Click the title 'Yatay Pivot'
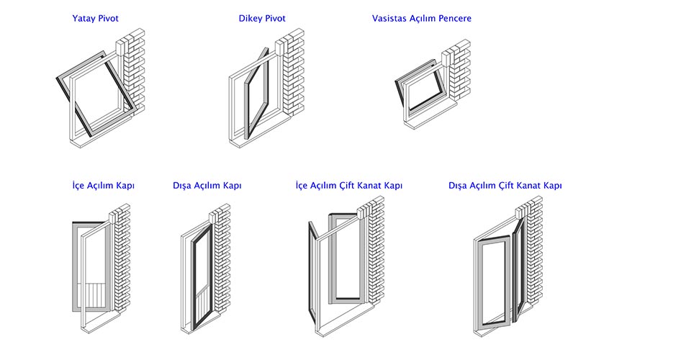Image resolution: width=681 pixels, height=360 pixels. tap(96, 18)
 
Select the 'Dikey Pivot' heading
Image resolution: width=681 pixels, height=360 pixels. tap(262, 18)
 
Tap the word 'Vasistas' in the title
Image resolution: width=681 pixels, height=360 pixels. tap(389, 18)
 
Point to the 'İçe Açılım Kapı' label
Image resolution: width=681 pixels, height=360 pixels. tap(103, 185)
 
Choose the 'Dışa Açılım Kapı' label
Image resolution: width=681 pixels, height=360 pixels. tap(207, 185)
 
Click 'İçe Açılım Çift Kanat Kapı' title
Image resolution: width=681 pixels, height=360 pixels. tap(349, 185)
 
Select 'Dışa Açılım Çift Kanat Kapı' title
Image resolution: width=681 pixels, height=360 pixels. tap(505, 185)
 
